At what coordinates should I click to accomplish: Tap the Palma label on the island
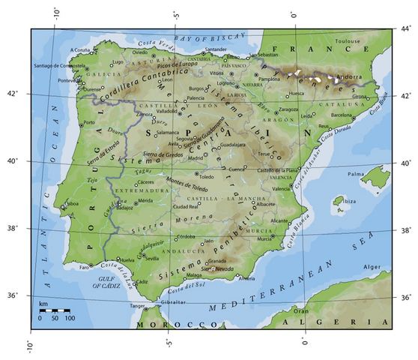[355, 174]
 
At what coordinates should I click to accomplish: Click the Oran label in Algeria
[300, 310]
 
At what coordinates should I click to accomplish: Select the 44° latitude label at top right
[405, 29]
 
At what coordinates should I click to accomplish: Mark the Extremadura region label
[135, 191]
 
